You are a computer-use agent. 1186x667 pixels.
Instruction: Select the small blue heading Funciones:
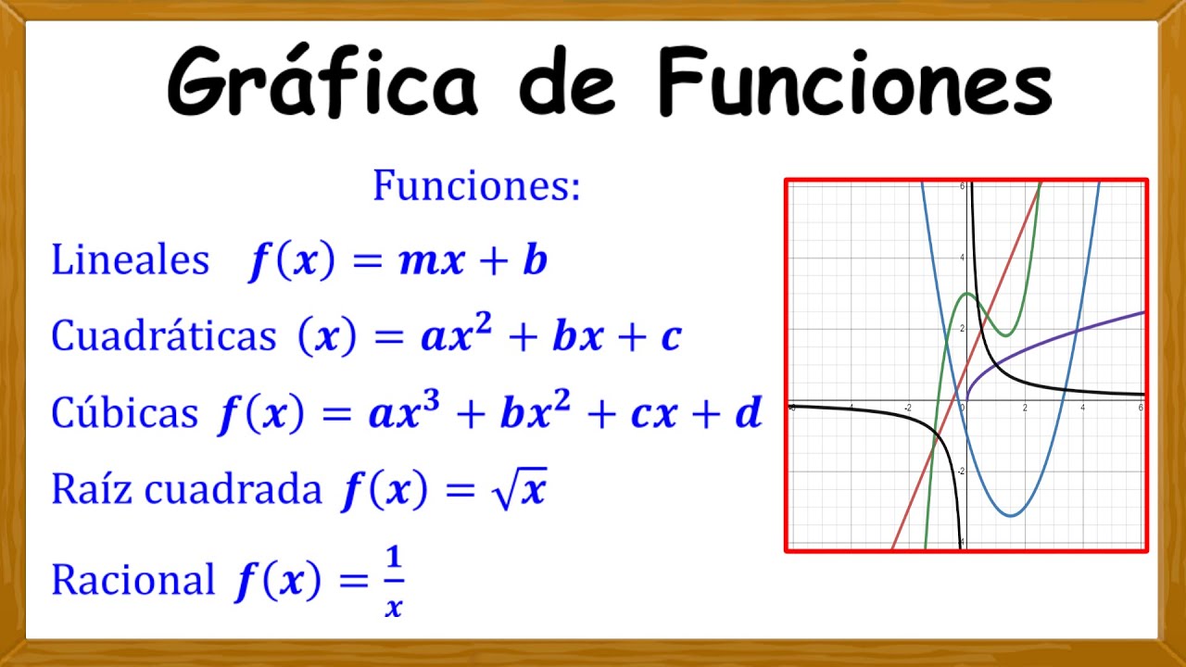point(476,186)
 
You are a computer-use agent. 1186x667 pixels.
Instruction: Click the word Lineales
point(130,261)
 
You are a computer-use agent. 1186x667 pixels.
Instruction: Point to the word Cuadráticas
point(163,336)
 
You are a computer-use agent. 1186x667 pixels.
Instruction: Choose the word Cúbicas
point(124,413)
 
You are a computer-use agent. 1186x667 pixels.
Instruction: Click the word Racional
point(132,581)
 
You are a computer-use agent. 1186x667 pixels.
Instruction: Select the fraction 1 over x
point(394,582)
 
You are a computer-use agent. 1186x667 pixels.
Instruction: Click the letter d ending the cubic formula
point(747,414)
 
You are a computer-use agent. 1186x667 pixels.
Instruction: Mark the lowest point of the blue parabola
point(1013,515)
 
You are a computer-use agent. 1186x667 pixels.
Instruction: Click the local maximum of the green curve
point(967,294)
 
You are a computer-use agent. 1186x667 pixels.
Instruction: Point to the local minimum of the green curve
point(1007,335)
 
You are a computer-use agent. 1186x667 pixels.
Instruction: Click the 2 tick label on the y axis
point(962,329)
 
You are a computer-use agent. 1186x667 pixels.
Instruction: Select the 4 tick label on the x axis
point(1082,409)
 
